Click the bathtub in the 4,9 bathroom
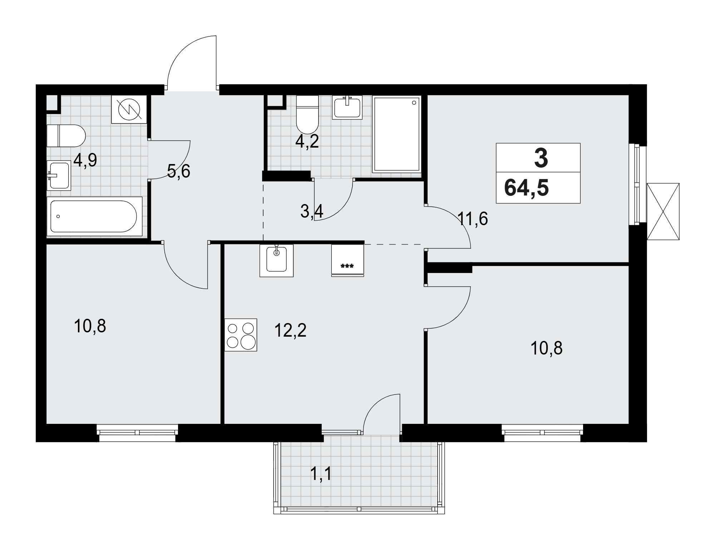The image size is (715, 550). (x=94, y=216)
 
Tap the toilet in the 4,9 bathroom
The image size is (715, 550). (x=66, y=135)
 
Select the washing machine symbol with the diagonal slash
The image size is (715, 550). (x=129, y=109)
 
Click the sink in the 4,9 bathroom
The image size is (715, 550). (x=59, y=175)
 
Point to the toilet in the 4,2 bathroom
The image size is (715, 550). (x=307, y=114)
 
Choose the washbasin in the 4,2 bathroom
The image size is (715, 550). (x=347, y=107)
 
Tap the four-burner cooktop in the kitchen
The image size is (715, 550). (x=241, y=335)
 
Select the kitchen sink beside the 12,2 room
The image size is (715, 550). (x=276, y=261)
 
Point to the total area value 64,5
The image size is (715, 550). (x=526, y=188)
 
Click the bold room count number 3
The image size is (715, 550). (x=541, y=158)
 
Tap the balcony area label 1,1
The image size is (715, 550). (x=321, y=474)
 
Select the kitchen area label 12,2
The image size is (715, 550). (x=290, y=331)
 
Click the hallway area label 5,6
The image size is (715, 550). (x=179, y=171)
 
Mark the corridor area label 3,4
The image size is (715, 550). (x=312, y=212)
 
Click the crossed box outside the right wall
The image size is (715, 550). (x=663, y=211)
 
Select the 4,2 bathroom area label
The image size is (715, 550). (x=307, y=142)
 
